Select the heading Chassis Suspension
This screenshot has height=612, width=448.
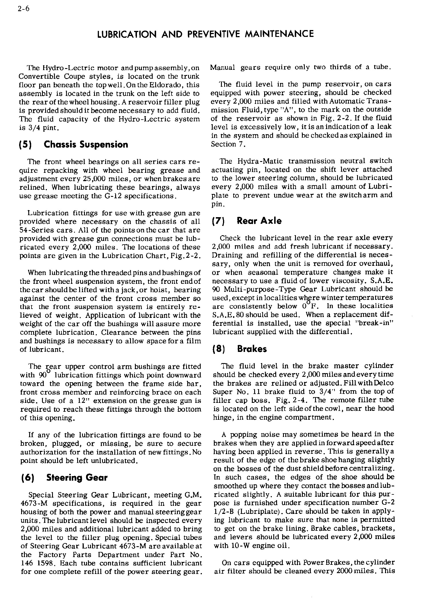86,144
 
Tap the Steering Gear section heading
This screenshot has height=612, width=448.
77,478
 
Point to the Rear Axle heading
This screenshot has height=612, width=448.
259,221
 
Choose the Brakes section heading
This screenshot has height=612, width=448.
252,349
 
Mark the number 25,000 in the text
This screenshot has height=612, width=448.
93,179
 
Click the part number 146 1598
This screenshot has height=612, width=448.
37,563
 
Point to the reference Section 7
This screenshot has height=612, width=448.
228,144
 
